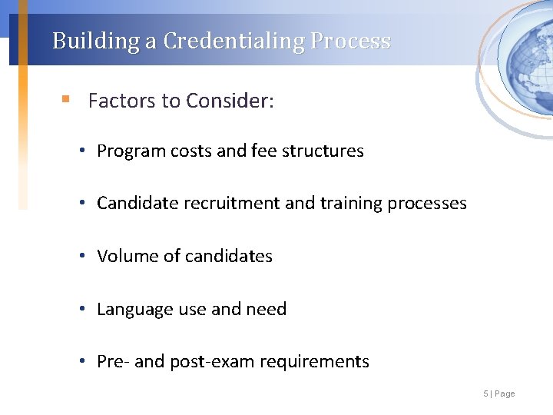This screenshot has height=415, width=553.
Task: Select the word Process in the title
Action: click(351, 41)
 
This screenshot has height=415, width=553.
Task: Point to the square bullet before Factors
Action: click(67, 100)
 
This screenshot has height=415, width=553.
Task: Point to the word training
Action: click(351, 204)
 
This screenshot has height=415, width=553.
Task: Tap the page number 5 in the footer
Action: click(485, 393)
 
